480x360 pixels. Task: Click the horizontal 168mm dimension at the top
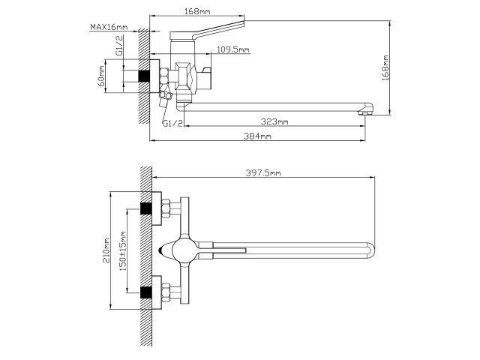[198, 10]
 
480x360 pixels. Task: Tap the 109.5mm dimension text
[232, 49]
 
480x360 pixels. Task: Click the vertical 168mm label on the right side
[385, 68]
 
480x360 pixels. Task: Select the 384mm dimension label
[258, 136]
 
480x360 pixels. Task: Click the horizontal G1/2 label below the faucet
[172, 123]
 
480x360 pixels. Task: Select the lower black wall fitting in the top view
[147, 289]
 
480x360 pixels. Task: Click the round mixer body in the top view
[181, 249]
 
